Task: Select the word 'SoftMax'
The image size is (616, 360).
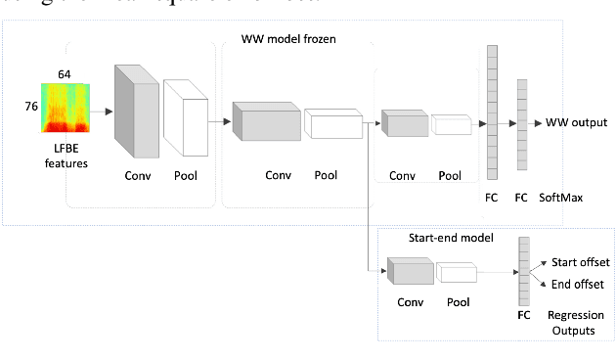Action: click(x=564, y=198)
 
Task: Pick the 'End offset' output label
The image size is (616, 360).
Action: click(x=576, y=284)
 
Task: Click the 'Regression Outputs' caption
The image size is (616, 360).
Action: click(x=575, y=323)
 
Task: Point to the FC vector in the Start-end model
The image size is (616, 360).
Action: click(x=524, y=273)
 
